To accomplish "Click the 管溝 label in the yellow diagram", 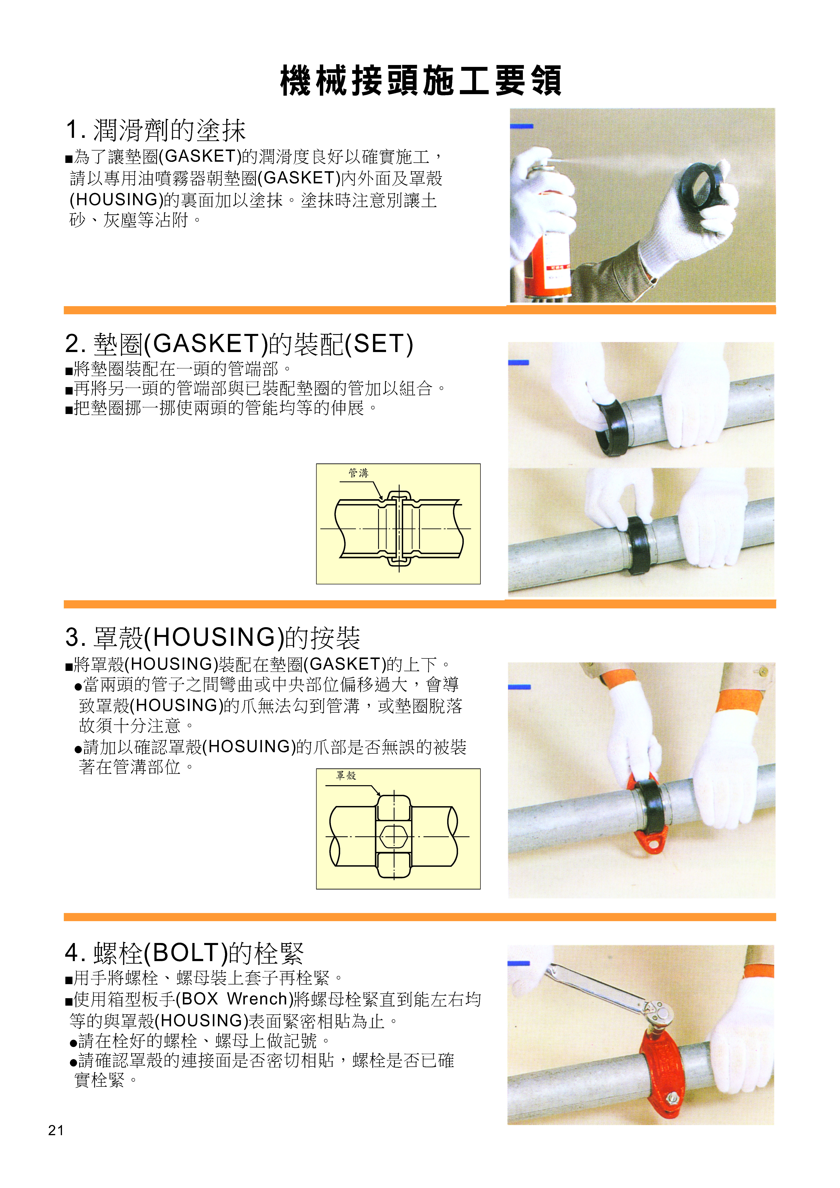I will click(x=358, y=473).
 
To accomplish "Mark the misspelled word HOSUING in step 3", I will click(x=250, y=747).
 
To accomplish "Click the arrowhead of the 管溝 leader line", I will click(x=382, y=499).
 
